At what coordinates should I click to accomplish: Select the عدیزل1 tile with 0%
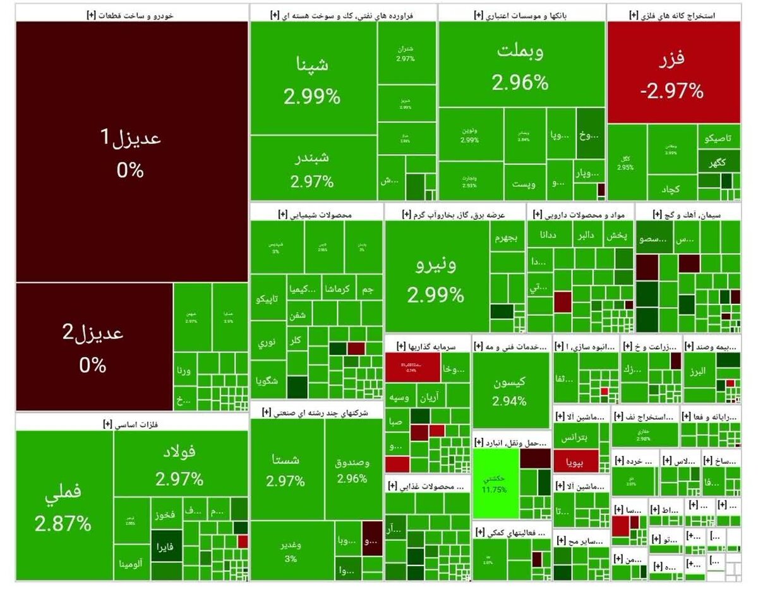pyautogui.click(x=131, y=152)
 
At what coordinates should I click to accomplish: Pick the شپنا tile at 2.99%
pyautogui.click(x=313, y=79)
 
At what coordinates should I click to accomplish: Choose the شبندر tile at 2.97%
pyautogui.click(x=313, y=167)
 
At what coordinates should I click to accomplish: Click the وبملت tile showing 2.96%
pyautogui.click(x=520, y=66)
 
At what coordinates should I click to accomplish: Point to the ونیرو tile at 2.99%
pyautogui.click(x=436, y=278)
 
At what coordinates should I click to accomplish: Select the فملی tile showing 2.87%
pyautogui.click(x=64, y=505)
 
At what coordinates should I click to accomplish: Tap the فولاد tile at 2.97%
pyautogui.click(x=180, y=464)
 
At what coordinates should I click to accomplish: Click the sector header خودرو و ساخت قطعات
pyautogui.click(x=131, y=14)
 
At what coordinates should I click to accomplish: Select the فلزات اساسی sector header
pyautogui.click(x=131, y=424)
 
